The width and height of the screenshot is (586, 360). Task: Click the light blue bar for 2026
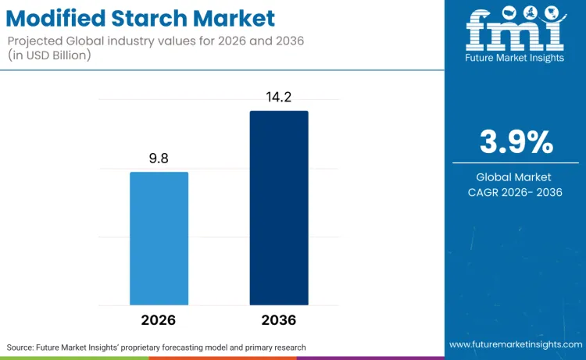pyautogui.click(x=159, y=238)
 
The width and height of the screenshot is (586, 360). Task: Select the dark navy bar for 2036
pyautogui.click(x=279, y=208)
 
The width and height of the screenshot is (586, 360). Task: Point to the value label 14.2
pyautogui.click(x=279, y=98)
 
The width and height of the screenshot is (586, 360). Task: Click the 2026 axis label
pyautogui.click(x=159, y=320)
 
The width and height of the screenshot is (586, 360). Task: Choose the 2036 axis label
pyautogui.click(x=279, y=320)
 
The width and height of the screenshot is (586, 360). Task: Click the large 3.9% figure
pyautogui.click(x=516, y=143)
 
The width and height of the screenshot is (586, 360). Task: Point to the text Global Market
pyautogui.click(x=515, y=177)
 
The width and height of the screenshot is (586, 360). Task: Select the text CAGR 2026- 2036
pyautogui.click(x=515, y=192)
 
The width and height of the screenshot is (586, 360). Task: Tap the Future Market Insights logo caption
pyautogui.click(x=515, y=58)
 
